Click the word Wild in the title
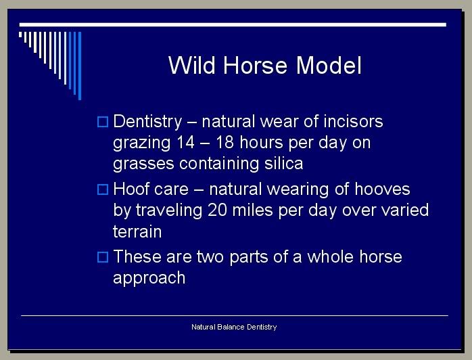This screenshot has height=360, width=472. point(192,65)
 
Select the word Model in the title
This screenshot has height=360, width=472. point(329,65)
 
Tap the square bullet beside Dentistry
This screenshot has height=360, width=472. point(103,122)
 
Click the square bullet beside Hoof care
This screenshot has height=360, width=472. point(103,189)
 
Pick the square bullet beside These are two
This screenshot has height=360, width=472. point(103,257)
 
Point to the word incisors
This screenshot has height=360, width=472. point(353,121)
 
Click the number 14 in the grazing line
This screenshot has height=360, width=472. point(185,142)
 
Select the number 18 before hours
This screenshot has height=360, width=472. point(225,142)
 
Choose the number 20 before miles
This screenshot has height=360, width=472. point(217,210)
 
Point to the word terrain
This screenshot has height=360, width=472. point(137,231)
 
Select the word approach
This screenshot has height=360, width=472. point(149,278)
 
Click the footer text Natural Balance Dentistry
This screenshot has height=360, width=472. point(234,327)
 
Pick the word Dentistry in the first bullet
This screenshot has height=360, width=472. point(147,122)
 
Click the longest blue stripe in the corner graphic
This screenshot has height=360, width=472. point(80,66)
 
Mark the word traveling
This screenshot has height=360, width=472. point(169,210)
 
